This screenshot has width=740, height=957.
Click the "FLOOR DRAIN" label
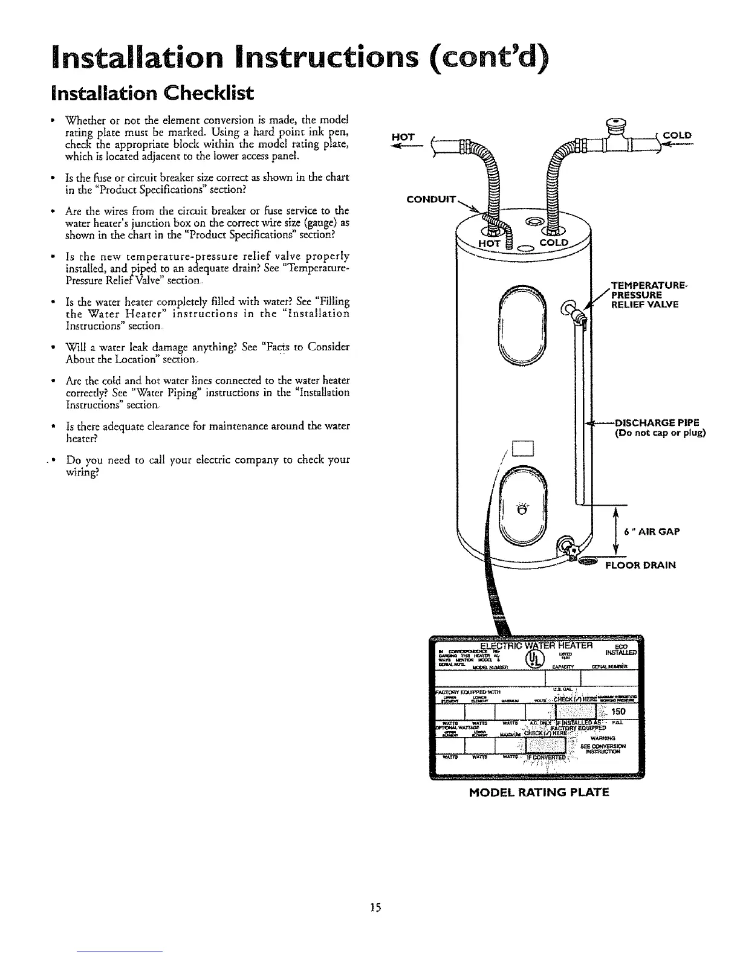(641, 565)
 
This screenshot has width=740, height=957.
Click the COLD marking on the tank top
(554, 242)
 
